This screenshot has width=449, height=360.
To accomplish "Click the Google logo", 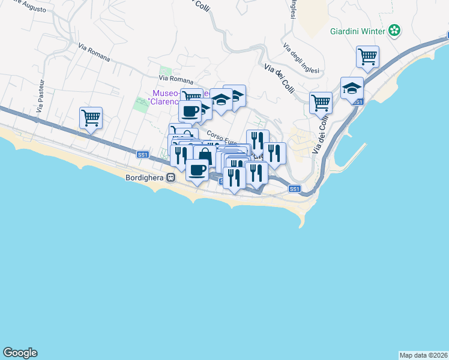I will (x=20, y=353).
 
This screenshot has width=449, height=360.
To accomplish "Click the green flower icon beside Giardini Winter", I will (x=394, y=30).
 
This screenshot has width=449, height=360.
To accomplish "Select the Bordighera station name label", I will (x=145, y=178).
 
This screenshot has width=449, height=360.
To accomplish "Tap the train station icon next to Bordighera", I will (x=171, y=178).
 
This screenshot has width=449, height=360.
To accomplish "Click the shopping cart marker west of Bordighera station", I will (x=91, y=118).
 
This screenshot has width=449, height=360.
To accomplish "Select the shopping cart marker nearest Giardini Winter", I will (x=367, y=56).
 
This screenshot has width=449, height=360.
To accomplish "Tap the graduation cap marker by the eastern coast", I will (x=351, y=88).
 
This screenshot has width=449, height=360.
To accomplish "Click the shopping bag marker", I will (x=205, y=157).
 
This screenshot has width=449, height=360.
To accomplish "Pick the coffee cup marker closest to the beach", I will (x=197, y=169).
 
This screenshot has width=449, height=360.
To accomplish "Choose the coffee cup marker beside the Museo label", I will (x=190, y=110).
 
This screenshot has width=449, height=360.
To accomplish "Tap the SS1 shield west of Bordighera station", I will (x=142, y=155).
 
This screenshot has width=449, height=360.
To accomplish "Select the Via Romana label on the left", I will (x=94, y=52).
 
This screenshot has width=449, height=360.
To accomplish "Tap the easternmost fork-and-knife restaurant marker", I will (x=274, y=152).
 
